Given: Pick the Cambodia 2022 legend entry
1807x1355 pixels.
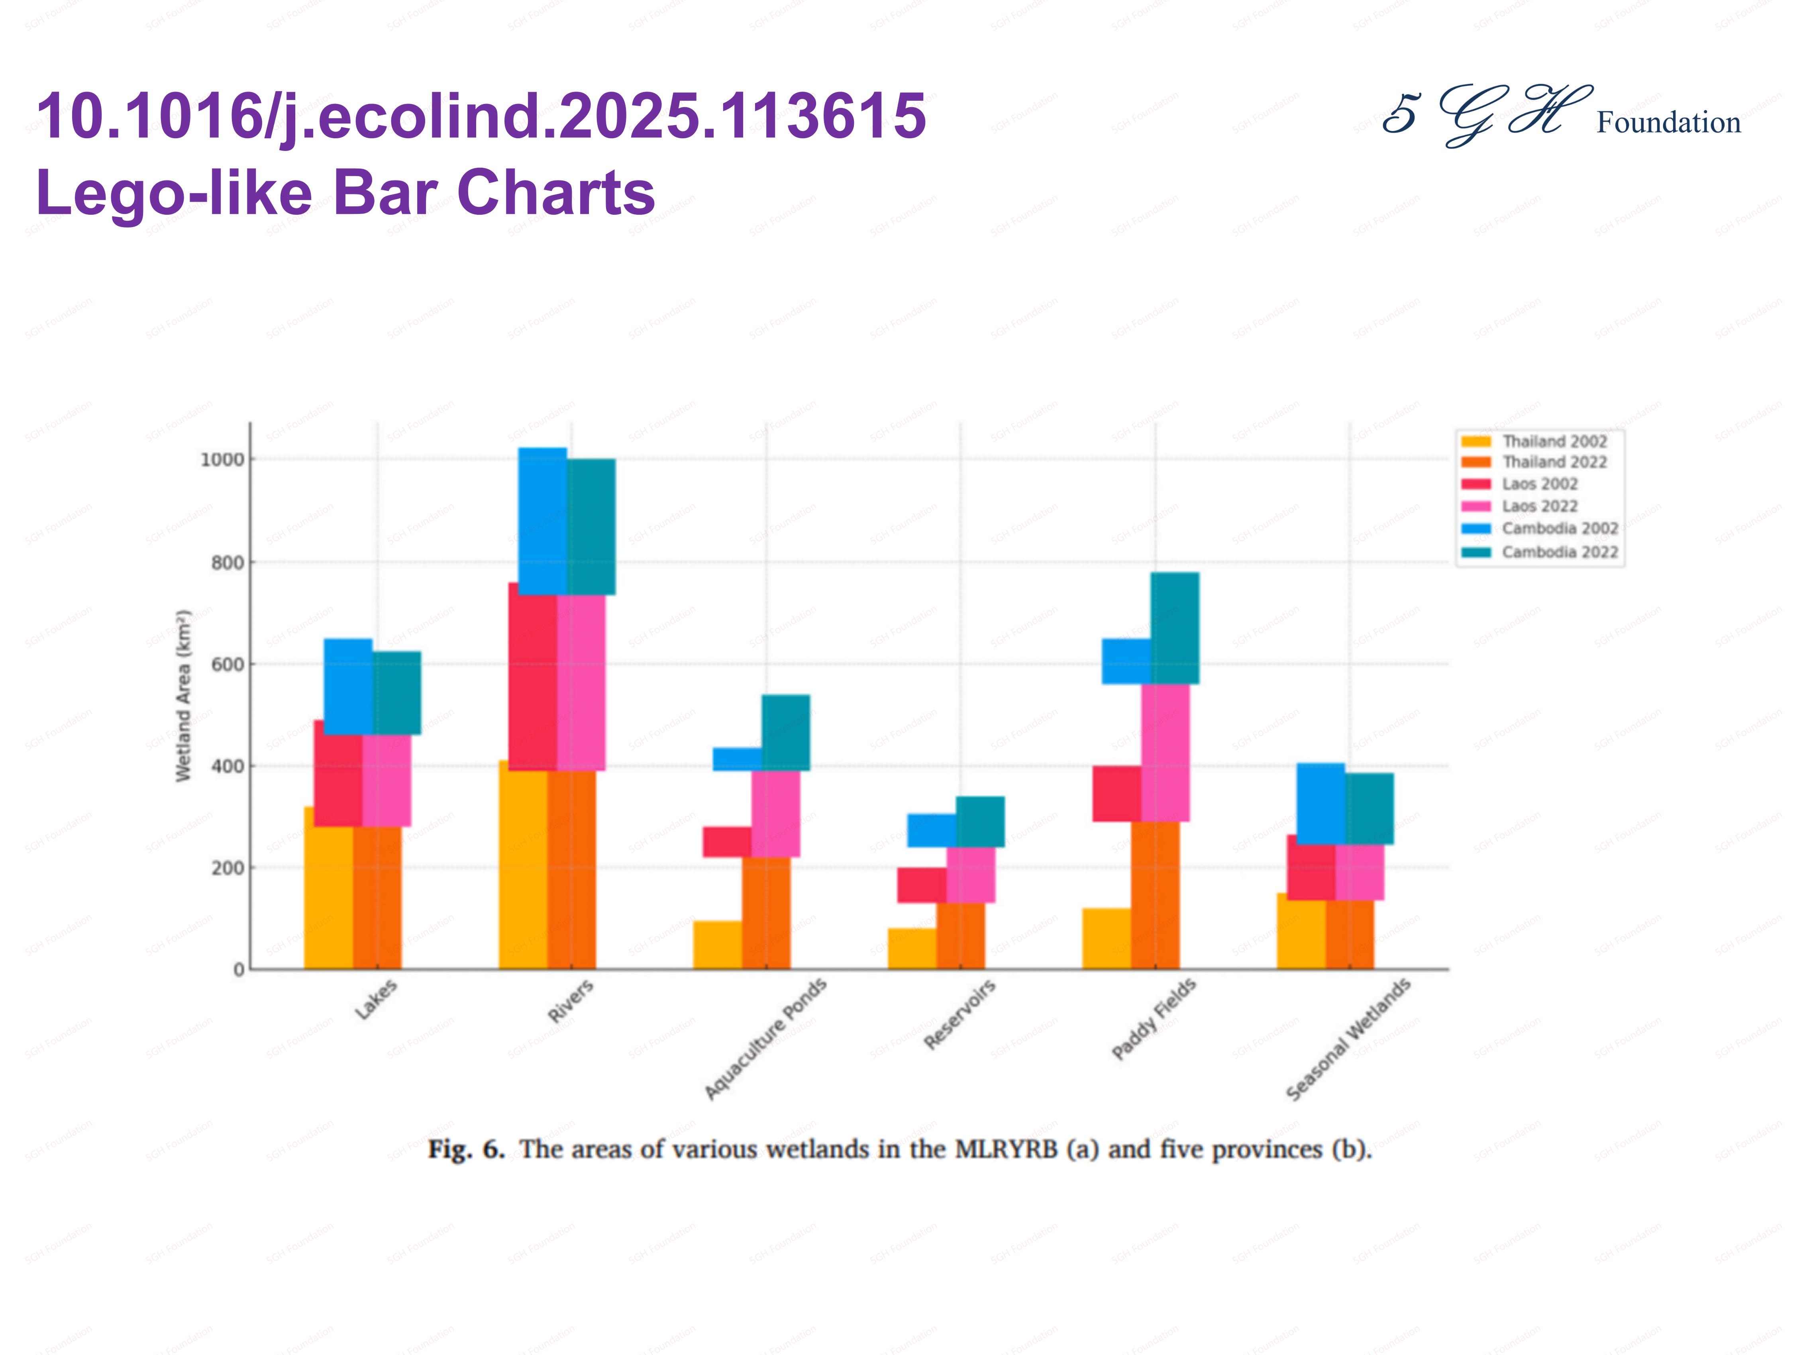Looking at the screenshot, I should (1559, 552).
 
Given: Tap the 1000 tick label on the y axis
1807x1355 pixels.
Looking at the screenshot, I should (222, 460).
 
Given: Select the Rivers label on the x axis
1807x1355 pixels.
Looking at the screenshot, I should (570, 1000).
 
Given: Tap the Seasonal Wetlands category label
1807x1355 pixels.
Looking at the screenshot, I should (1348, 1039).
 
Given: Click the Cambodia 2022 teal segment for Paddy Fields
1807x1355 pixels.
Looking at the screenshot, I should (1175, 627).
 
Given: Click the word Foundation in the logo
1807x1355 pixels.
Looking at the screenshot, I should (1668, 123).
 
